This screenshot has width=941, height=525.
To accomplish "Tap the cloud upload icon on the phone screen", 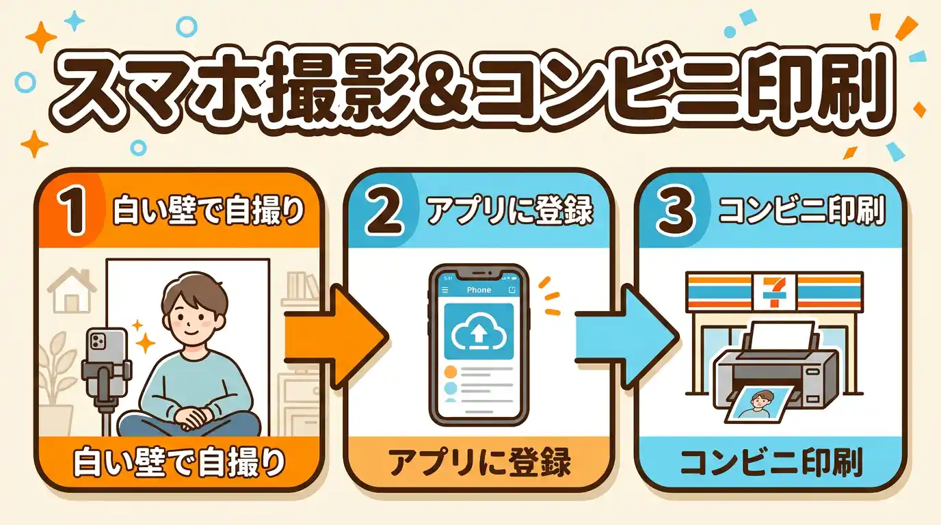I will tap(478, 332).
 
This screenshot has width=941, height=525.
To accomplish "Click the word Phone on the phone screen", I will tap(479, 290).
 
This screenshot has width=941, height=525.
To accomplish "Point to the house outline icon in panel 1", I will tap(71, 290).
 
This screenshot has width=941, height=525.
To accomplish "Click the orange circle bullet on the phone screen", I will tap(451, 372).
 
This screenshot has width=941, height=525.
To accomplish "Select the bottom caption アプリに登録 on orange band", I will tap(478, 463).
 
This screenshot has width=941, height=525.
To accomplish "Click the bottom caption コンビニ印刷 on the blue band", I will tap(770, 463).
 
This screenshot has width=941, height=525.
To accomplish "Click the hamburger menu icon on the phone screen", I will tap(445, 290).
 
